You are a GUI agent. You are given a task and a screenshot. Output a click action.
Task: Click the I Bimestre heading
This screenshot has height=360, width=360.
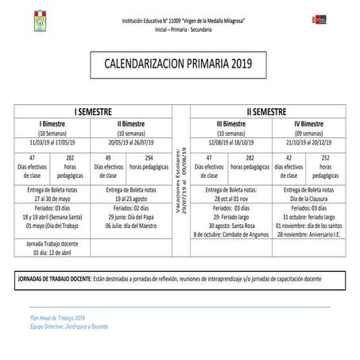(52, 125)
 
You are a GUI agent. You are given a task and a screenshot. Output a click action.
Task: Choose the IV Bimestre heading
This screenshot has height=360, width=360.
(307, 125)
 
